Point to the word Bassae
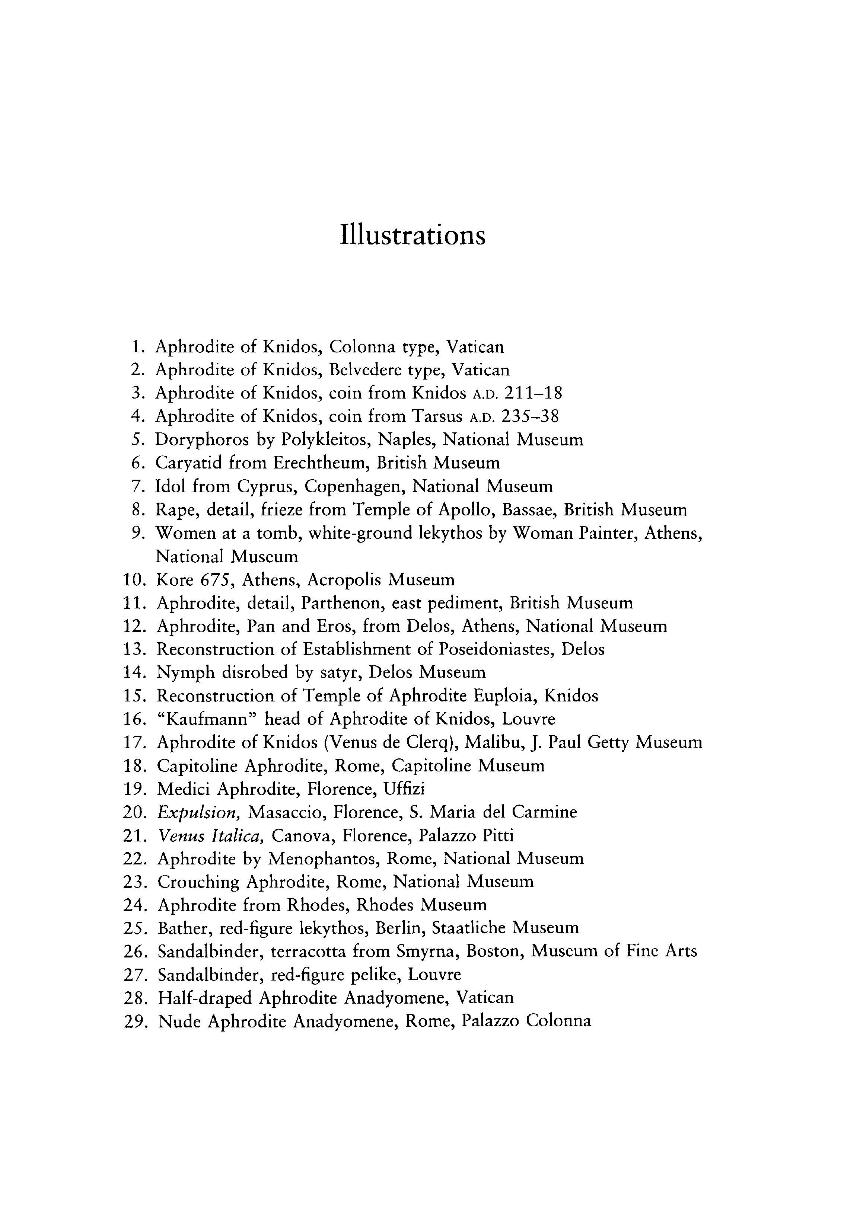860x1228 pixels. point(529,510)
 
